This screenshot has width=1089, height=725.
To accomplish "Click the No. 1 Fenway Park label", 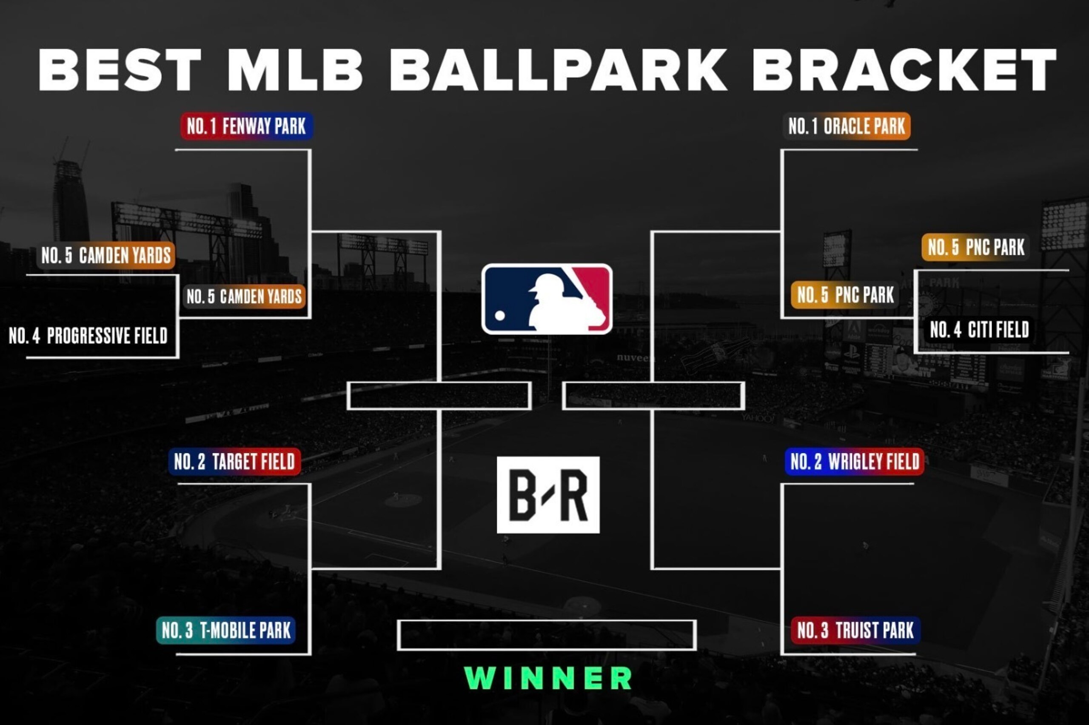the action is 246,126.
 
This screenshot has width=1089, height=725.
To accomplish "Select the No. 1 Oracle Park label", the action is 847,126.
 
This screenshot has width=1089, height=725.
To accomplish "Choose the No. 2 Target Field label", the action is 234,462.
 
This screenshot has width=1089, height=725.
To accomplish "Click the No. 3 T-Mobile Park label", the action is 226,630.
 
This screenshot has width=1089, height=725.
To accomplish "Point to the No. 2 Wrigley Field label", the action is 855,462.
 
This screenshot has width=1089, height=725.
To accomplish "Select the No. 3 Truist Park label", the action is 855,630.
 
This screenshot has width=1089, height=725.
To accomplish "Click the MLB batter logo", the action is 547,299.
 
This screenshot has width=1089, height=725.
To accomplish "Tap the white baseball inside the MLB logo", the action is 500,315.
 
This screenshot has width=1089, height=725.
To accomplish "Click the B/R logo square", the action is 548,495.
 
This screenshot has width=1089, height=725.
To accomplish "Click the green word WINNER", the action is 548,678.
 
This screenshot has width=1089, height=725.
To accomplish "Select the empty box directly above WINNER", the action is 547,635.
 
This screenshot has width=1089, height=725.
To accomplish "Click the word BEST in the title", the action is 120,70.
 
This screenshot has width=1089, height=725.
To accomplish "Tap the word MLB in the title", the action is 295,70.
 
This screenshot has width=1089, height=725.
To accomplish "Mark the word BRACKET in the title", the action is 904,70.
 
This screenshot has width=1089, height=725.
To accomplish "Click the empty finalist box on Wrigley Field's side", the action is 653,396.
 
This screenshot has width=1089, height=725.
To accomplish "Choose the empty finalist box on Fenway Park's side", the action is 439,396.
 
